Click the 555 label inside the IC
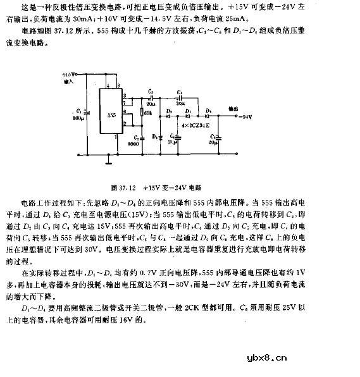point(111,116)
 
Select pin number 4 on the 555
point(108,87)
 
